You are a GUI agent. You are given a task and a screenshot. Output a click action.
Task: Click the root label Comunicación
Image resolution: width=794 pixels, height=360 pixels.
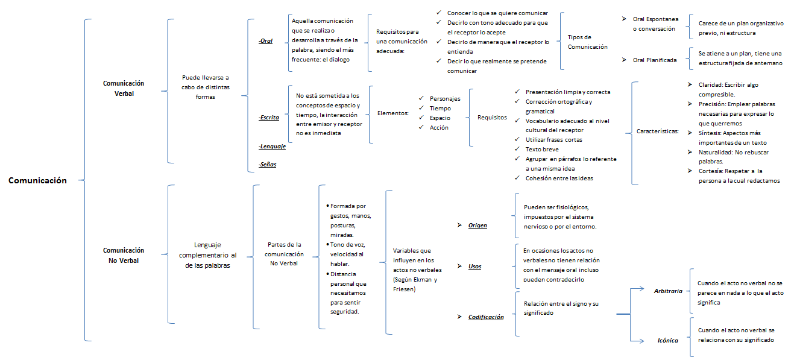coord(37,180)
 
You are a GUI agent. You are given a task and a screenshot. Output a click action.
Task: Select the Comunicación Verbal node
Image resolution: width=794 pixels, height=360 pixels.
coord(124,89)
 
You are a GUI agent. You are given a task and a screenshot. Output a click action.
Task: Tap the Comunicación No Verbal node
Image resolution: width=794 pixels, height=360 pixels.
coord(124,255)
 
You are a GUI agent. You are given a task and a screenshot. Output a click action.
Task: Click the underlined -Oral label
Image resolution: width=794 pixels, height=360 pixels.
coord(265,41)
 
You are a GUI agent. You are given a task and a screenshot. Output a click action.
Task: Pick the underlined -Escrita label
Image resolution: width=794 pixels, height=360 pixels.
coord(268,118)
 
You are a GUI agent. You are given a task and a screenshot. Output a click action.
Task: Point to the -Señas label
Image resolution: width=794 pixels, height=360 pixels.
coord(267,164)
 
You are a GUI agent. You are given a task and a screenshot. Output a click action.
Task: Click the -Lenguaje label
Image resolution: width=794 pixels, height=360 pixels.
coord(271,147)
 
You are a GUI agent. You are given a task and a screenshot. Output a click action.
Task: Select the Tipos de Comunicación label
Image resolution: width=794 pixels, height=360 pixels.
coord(588,42)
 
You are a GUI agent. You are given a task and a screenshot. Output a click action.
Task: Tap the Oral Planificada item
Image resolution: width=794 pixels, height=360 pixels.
coord(654,60)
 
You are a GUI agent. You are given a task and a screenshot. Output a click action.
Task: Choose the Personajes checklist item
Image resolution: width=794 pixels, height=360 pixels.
coord(445,98)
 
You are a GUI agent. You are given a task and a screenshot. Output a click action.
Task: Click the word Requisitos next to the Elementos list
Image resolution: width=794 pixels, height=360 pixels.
coord(493,118)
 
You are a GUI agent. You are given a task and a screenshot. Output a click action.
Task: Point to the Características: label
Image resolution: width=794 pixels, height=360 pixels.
coord(658,131)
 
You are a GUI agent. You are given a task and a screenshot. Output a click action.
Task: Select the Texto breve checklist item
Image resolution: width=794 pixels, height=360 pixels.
coord(542,149)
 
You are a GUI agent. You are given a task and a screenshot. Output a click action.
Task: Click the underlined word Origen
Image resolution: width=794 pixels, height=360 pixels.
coord(477,226)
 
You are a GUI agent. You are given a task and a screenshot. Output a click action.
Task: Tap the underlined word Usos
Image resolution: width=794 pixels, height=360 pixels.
coord(474,266)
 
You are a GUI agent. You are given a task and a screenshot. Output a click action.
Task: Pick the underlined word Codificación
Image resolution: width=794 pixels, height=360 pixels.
coord(486,317)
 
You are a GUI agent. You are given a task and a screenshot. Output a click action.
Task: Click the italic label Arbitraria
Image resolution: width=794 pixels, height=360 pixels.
coord(668,291)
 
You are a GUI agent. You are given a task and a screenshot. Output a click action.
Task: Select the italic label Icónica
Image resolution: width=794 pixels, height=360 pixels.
coord(667,340)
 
